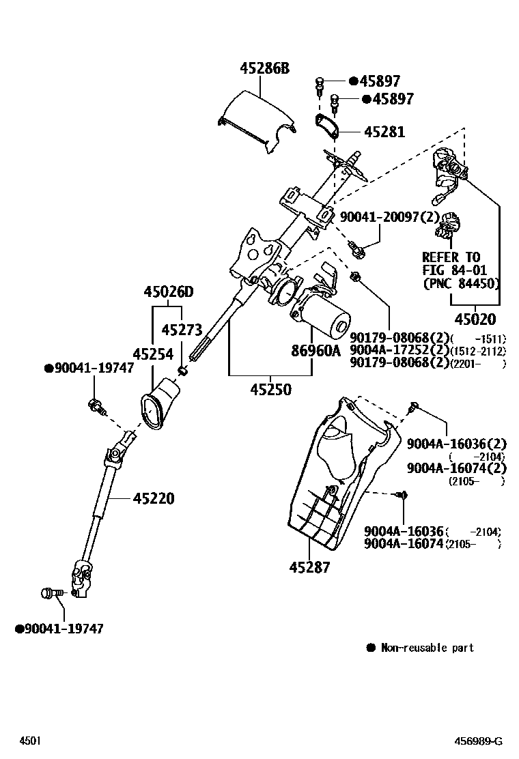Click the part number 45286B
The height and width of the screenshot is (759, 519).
click(x=264, y=68)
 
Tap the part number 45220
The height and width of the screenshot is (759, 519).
click(x=153, y=499)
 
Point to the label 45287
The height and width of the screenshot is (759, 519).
click(x=309, y=567)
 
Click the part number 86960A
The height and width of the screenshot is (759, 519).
click(x=315, y=352)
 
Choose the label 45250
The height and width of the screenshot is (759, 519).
click(x=270, y=390)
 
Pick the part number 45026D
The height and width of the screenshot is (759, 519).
click(x=168, y=292)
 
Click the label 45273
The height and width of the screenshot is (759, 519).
click(x=182, y=330)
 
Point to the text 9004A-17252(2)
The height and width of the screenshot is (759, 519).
click(x=398, y=350)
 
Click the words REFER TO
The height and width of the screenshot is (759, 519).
click(x=451, y=257)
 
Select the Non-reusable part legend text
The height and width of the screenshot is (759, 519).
click(x=427, y=647)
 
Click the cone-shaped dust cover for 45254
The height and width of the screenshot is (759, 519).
click(x=162, y=406)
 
